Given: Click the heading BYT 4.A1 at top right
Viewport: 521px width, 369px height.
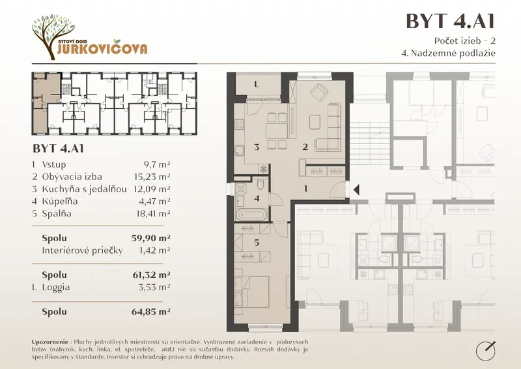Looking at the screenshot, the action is pyautogui.click(x=451, y=21).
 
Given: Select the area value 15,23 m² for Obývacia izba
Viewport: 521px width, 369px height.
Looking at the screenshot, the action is pyautogui.click(x=153, y=177).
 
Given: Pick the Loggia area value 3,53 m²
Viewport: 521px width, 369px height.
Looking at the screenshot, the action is pyautogui.click(x=154, y=287).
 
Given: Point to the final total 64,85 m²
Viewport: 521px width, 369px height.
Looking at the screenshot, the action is pyautogui.click(x=151, y=312).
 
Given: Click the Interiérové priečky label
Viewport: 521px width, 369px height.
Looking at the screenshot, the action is pyautogui.click(x=82, y=250).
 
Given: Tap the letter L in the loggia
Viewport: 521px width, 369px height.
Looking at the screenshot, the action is pyautogui.click(x=257, y=84).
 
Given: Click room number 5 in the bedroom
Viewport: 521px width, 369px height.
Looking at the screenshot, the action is pyautogui.click(x=257, y=243).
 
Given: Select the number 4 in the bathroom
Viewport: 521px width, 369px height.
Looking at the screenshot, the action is pyautogui.click(x=257, y=198).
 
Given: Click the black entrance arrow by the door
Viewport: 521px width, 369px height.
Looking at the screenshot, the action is pyautogui.click(x=356, y=190).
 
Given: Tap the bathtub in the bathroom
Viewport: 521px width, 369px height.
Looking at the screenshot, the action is pyautogui.click(x=251, y=214).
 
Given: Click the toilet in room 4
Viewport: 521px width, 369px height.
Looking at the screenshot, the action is pyautogui.click(x=260, y=184).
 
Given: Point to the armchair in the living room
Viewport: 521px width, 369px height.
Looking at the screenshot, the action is pyautogui.click(x=320, y=92).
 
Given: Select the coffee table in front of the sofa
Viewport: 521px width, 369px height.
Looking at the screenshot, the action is pyautogui.click(x=315, y=122).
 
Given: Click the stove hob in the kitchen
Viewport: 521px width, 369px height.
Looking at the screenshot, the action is pyautogui.click(x=239, y=124).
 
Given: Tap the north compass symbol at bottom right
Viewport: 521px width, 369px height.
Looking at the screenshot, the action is pyautogui.click(x=486, y=350).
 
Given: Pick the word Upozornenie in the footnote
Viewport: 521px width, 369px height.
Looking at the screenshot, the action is pyautogui.click(x=50, y=342).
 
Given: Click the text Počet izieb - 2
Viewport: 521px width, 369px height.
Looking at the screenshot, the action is pyautogui.click(x=465, y=40).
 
